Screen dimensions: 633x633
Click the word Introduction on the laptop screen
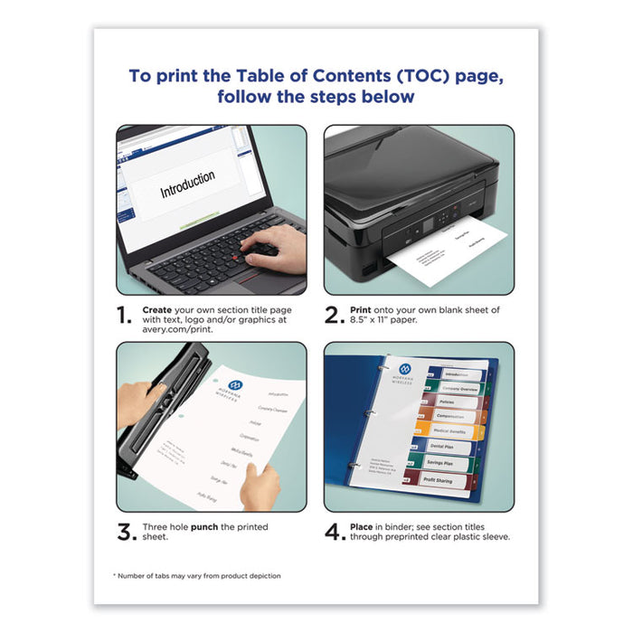pyautogui.click(x=187, y=185)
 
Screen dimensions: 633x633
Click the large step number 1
pyautogui.click(x=126, y=316)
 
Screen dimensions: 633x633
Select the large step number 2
pyautogui.click(x=335, y=316)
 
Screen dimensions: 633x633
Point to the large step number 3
pyautogui.click(x=127, y=533)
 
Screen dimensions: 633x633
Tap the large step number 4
pyautogui.click(x=335, y=533)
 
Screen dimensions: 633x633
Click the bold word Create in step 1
pyautogui.click(x=157, y=309)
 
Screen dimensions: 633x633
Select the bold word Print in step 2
pyautogui.click(x=363, y=309)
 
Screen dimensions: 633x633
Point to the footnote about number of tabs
pyautogui.click(x=196, y=576)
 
